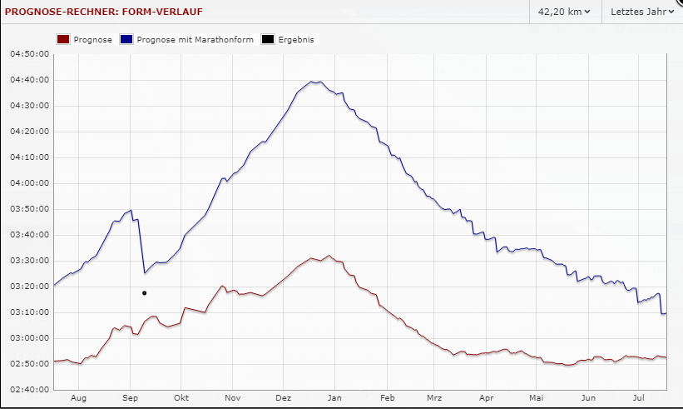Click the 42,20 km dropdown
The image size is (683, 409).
click(564, 12)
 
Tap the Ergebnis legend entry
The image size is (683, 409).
click(288, 39)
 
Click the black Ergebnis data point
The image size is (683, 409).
click(145, 293)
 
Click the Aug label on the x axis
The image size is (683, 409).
click(78, 398)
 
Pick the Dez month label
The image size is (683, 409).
click(284, 398)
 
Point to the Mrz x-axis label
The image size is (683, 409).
click(434, 398)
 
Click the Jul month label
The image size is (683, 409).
click(640, 398)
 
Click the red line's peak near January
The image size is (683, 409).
click(329, 256)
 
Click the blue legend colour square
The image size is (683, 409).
click(126, 39)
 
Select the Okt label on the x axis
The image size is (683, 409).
click(181, 398)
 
